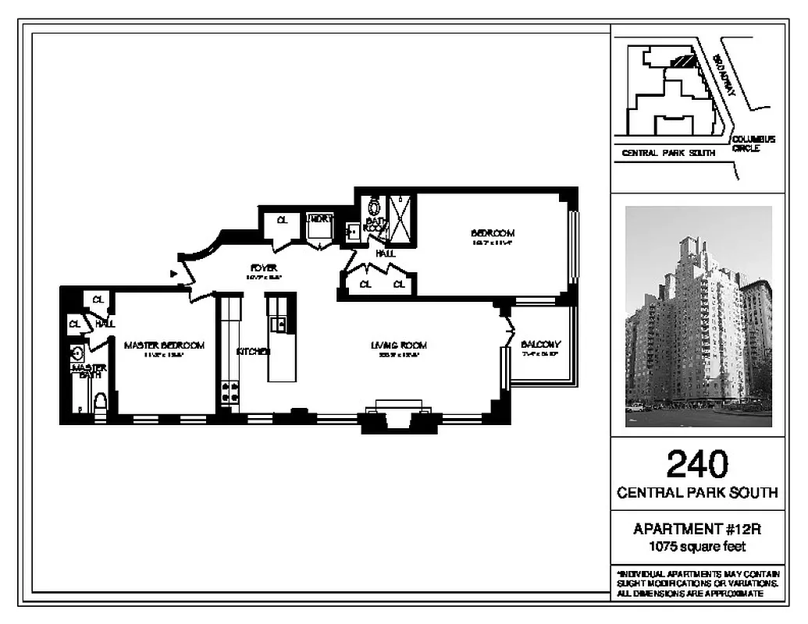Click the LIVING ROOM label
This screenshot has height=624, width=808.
click(398, 346)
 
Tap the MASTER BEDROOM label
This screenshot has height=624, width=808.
click(164, 346)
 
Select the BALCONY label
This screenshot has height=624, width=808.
click(540, 345)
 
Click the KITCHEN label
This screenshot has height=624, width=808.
click(254, 352)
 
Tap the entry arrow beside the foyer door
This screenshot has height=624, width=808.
click(173, 274)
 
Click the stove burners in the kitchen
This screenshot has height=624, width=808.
click(230, 392)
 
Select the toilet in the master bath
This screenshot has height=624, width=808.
click(100, 402)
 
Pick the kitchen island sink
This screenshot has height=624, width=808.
click(278, 324)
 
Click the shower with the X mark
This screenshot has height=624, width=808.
click(404, 219)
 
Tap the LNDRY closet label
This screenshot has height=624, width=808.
click(320, 219)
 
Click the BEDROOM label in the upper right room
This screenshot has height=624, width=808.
click(493, 233)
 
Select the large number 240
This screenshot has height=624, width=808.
click(696, 465)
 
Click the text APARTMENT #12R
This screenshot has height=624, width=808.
click(696, 530)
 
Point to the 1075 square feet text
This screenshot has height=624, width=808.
click(696, 546)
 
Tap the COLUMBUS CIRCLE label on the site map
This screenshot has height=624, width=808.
click(753, 144)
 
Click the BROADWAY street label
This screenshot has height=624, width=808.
click(724, 76)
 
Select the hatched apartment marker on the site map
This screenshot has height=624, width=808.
click(684, 60)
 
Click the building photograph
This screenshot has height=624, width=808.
click(698, 316)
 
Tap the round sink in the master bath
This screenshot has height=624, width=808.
click(77, 353)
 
